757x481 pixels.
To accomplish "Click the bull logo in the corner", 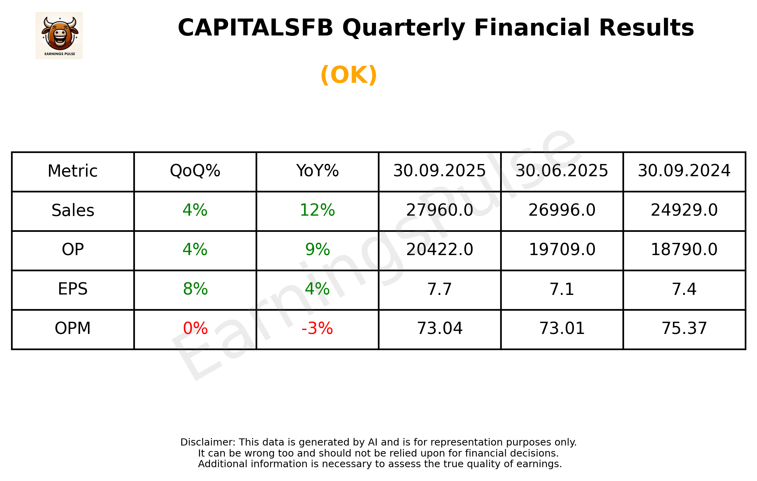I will pos(59,35).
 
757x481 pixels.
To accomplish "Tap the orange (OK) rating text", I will pos(349,75).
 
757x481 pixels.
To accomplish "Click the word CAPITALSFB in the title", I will pos(255,28).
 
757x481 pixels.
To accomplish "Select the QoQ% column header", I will pos(195,171).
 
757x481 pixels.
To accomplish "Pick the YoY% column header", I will pos(317,171).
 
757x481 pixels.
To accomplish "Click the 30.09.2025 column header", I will pos(439,171).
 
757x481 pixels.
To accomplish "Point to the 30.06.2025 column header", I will pos(562,171).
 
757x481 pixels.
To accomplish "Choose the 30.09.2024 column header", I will pos(684,171).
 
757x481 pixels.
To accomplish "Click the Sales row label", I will pos(73,211).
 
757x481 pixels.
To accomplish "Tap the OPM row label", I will pos(73,328).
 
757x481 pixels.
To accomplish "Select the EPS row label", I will pos(73,289).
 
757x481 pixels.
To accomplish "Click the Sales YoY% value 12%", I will pos(317,210).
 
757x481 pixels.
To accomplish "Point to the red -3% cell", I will pos(317,328).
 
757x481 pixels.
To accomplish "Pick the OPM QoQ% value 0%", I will pos(195,328).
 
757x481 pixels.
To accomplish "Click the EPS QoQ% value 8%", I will pos(195,289).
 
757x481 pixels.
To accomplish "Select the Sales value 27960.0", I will pos(439,210).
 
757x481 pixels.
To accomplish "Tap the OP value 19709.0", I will pos(562,250).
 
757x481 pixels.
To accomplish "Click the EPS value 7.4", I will pos(684,289).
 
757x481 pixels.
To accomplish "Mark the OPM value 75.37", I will pos(684,328).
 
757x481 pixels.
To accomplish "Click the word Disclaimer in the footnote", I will pos(207,442).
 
